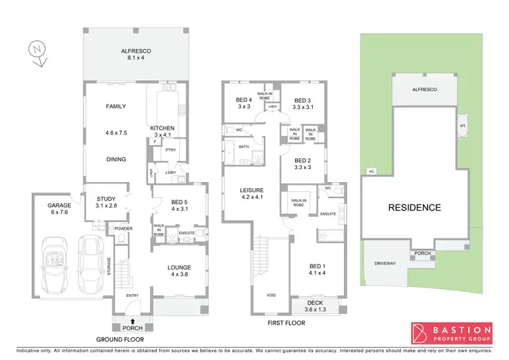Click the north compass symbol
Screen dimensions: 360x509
37,52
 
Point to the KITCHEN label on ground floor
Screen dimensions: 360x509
162,132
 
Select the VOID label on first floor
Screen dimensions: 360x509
271,295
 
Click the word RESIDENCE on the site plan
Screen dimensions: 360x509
414,208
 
